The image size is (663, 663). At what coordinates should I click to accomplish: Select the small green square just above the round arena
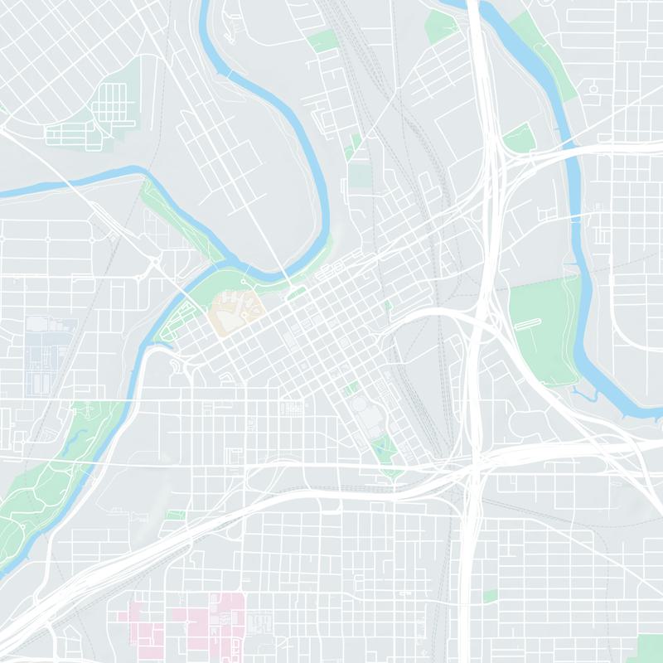pos(351,388)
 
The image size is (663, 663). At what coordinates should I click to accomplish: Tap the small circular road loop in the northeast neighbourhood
pos(593,85)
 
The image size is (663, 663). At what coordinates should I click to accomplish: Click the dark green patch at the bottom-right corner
pos(650,648)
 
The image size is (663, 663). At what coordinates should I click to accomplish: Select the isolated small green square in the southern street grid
pos(491,595)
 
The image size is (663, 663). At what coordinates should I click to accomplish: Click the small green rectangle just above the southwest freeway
pos(174,515)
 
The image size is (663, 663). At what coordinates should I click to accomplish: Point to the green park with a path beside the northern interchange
pos(520,137)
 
